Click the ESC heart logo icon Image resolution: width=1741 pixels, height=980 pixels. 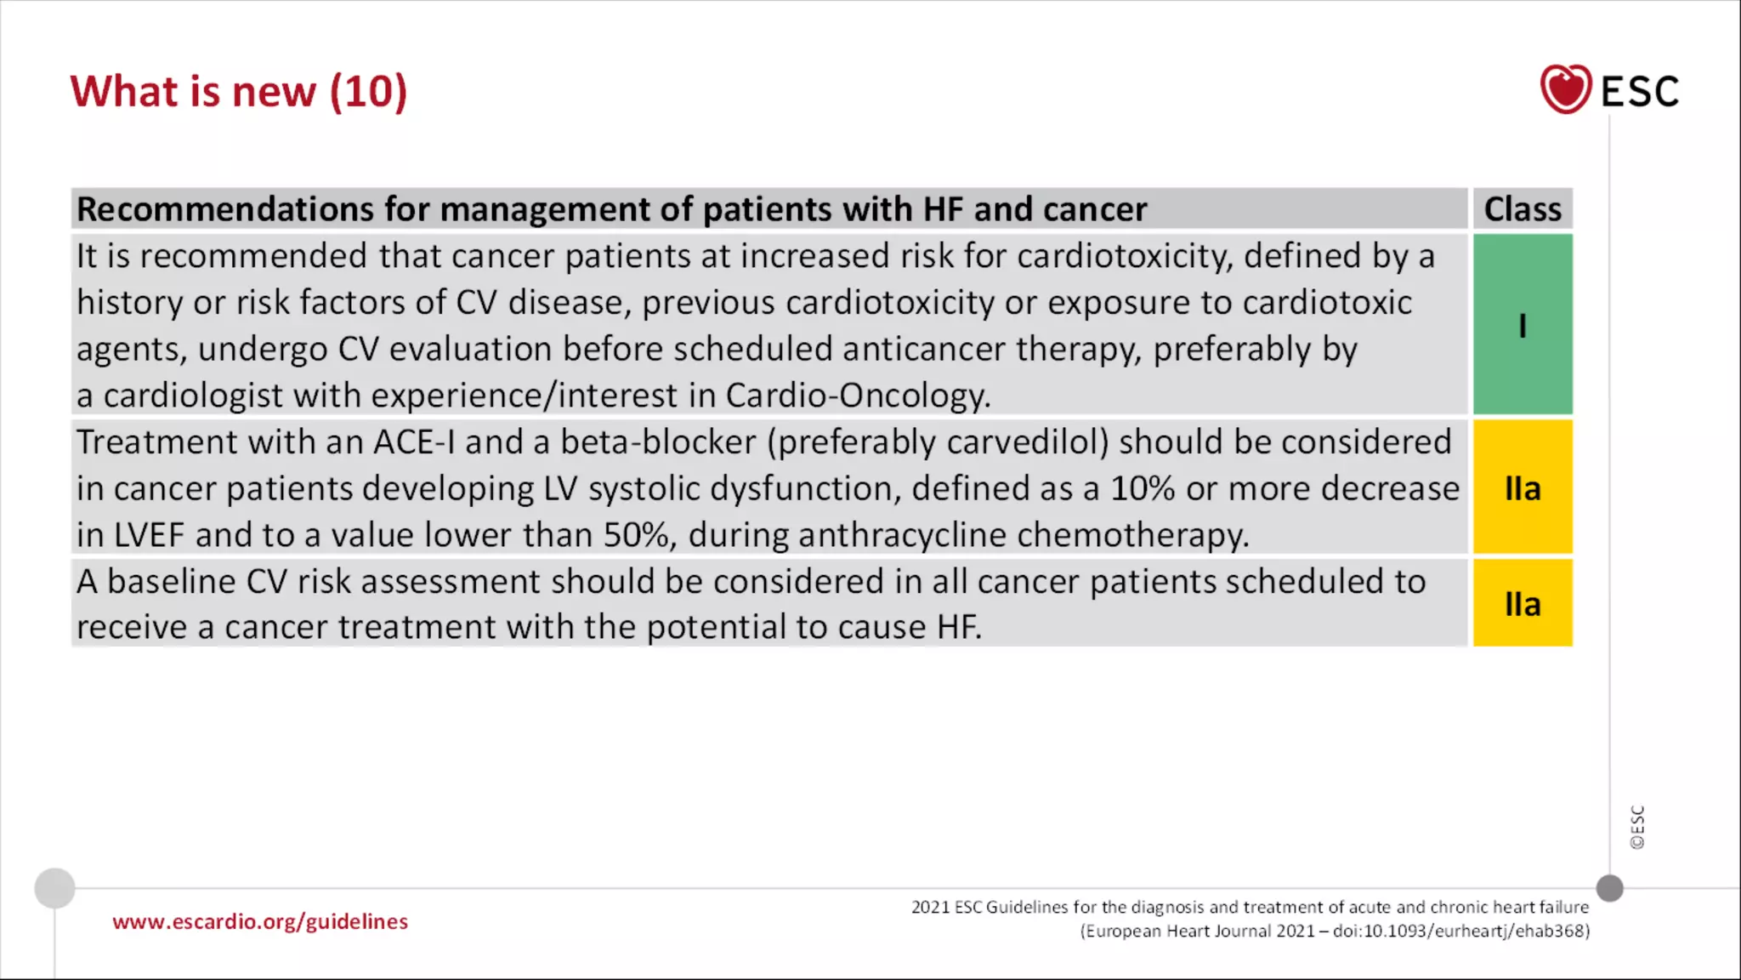coord(1565,89)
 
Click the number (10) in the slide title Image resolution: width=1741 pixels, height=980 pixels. coord(368,91)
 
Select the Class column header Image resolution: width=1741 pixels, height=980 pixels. coord(1522,209)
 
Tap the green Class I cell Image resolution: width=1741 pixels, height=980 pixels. coord(1522,325)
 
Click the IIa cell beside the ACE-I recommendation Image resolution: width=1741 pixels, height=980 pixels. coord(1522,488)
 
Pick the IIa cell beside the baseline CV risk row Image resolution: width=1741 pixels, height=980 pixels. coord(1522,604)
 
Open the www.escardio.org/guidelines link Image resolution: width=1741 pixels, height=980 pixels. coord(260,921)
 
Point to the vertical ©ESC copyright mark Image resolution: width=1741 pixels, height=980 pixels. coord(1637,827)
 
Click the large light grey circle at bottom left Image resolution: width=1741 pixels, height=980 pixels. coord(55,888)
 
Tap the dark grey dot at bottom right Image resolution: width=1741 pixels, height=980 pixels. coord(1609,888)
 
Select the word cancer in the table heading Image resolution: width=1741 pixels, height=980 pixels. coord(1095,209)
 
